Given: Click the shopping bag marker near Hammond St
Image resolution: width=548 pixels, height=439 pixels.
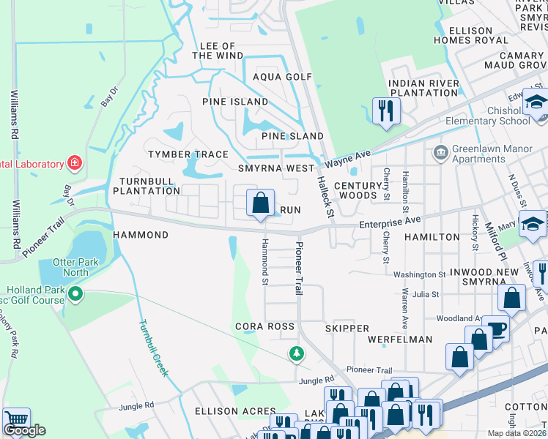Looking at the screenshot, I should tap(260, 203).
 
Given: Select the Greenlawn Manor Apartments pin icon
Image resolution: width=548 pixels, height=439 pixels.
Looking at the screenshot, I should tap(440, 152).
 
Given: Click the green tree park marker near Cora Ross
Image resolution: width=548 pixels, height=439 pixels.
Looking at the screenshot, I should tap(296, 354).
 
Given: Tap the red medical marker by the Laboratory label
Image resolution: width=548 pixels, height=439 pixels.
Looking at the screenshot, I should tap(74, 162).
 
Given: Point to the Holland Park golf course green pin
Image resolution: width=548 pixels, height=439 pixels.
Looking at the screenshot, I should tap(75, 295).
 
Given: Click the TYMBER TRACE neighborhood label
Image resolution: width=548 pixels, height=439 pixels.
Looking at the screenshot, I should tap(188, 154).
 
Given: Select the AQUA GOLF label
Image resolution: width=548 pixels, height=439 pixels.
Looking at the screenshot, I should tap(282, 77).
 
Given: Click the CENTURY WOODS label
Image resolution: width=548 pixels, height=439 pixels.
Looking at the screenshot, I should tap(359, 191).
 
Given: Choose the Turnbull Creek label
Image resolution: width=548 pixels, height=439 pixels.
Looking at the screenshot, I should tap(153, 348).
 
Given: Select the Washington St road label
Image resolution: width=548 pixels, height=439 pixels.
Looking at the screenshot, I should tap(420, 275).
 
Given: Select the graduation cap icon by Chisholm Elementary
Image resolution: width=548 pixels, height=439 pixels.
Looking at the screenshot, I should tap(536, 102).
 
